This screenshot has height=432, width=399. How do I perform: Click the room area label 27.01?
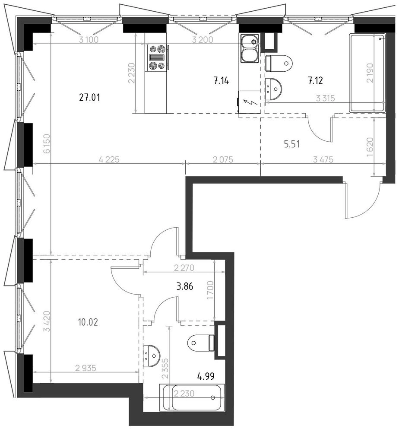tap(89, 97)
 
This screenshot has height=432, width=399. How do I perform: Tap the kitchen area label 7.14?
tap(221, 81)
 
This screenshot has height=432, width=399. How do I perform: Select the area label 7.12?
tap(315, 81)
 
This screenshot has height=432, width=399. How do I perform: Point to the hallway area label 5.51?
tap(291, 144)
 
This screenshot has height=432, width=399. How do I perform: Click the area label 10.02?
tap(88, 322)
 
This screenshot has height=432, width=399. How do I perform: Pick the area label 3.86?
tap(184, 286)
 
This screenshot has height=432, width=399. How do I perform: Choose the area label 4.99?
tap(206, 376)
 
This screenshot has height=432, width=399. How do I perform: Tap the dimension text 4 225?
tap(109, 159)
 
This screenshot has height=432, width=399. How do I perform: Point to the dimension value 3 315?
tap(325, 98)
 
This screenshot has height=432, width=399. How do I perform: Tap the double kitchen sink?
tap(250, 48)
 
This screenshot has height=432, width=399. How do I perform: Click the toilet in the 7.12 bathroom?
tap(279, 63)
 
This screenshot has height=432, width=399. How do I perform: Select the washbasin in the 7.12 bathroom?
tap(273, 89)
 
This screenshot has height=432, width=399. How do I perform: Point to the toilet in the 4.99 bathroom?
tap(201, 343)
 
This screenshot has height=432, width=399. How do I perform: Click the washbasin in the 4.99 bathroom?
tap(151, 356)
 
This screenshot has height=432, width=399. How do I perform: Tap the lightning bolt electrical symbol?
tap(251, 102)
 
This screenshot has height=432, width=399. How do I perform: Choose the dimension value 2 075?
tap(223, 159)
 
